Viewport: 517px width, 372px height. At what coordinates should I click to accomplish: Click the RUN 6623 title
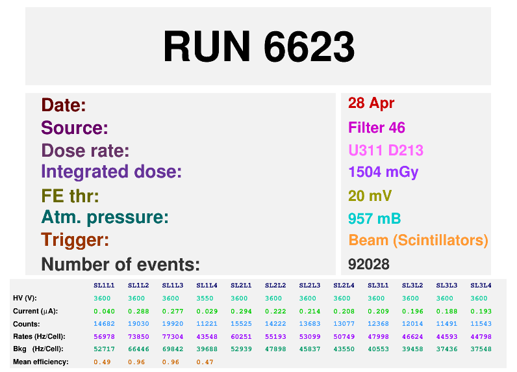pos(258,47)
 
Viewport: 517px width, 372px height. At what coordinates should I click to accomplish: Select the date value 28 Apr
pos(371,103)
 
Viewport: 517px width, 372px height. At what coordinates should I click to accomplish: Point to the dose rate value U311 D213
pos(386,151)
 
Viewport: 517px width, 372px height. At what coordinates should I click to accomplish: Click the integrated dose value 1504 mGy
pos(383,172)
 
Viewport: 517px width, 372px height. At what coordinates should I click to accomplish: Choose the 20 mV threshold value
pos(370,196)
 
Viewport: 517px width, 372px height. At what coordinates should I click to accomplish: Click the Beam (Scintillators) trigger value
pos(418,241)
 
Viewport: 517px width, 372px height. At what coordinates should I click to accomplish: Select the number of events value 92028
pos(368,264)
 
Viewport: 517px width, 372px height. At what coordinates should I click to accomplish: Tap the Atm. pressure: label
pos(105,217)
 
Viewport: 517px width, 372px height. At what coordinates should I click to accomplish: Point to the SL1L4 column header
pos(207,286)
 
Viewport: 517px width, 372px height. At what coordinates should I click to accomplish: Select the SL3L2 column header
pos(412,286)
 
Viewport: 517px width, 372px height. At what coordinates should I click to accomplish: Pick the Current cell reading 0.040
pos(104,311)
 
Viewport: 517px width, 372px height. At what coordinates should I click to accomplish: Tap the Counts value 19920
pos(172,324)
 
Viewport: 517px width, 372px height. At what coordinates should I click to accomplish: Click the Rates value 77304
pos(172,336)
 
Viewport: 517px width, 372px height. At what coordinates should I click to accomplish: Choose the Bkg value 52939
pos(241,349)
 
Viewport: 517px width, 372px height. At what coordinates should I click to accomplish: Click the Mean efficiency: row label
pos(41,362)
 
